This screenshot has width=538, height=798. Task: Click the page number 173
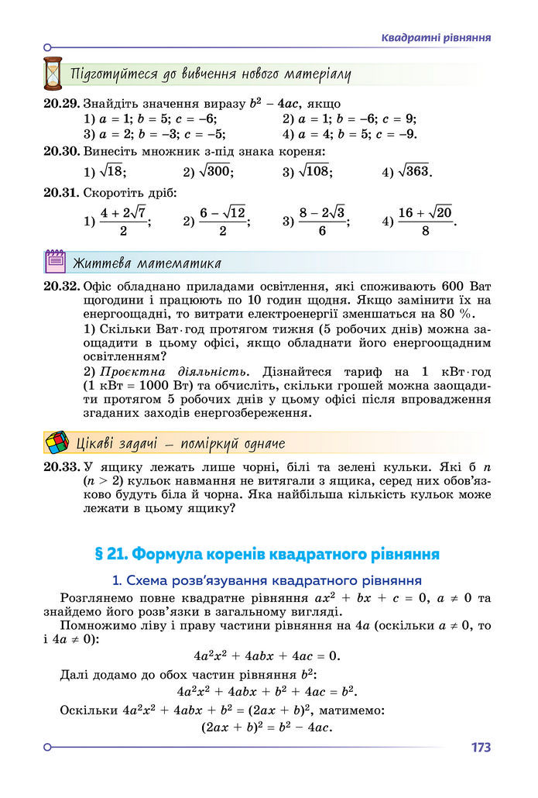click(480, 748)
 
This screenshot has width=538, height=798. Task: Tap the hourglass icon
click(53, 74)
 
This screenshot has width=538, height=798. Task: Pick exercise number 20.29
click(61, 102)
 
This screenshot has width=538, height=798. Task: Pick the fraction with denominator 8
click(426, 221)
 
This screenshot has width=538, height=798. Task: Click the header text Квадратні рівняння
click(437, 37)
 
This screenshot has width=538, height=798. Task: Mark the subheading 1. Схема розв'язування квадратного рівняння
click(266, 580)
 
